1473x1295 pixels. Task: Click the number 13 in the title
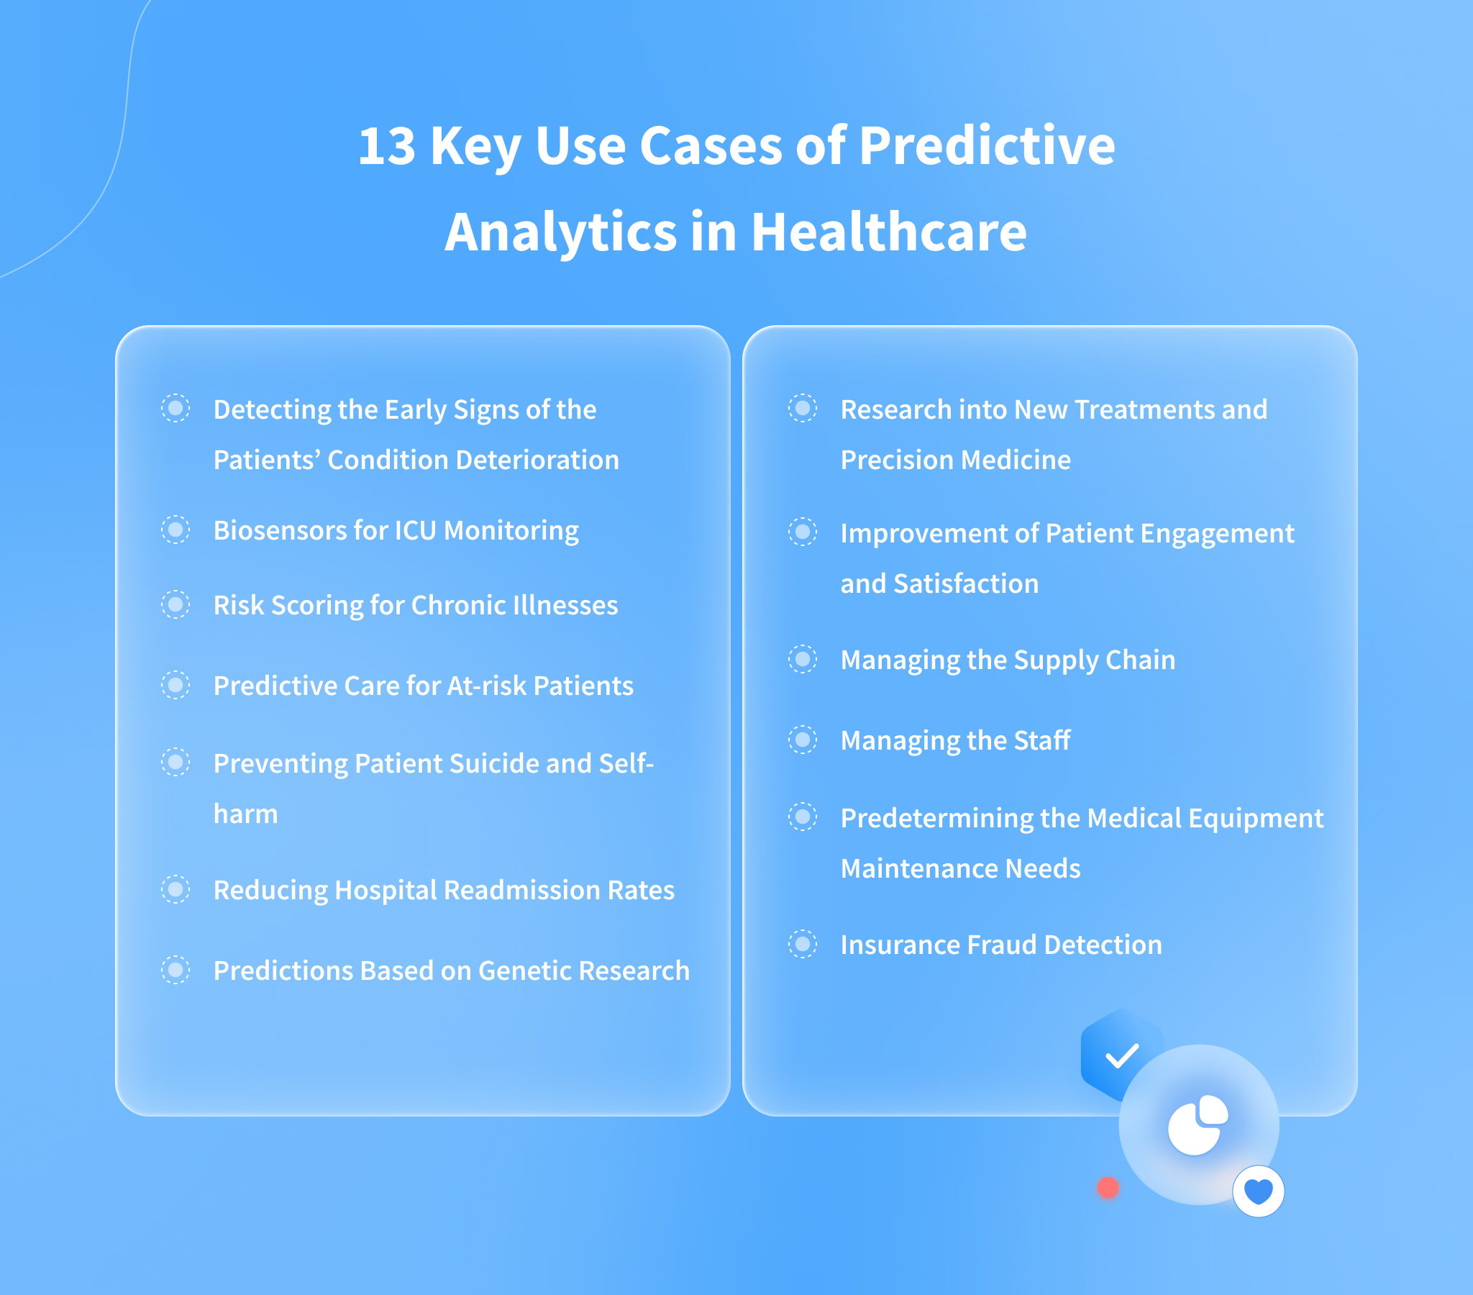[387, 146]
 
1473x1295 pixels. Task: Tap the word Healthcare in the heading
[888, 232]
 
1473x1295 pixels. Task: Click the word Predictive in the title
[987, 146]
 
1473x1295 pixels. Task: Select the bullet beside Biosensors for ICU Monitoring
[175, 530]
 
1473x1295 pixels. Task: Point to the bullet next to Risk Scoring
[175, 604]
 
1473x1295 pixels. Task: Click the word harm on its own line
[246, 814]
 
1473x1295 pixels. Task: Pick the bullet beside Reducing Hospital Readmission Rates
[175, 889]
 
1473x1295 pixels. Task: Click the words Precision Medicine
[956, 460]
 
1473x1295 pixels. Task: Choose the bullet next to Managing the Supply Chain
[802, 659]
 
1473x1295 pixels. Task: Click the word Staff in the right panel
[1042, 740]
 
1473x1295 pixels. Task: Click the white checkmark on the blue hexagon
[1121, 1056]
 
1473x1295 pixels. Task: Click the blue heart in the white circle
[1258, 1191]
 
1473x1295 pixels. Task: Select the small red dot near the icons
[1108, 1188]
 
